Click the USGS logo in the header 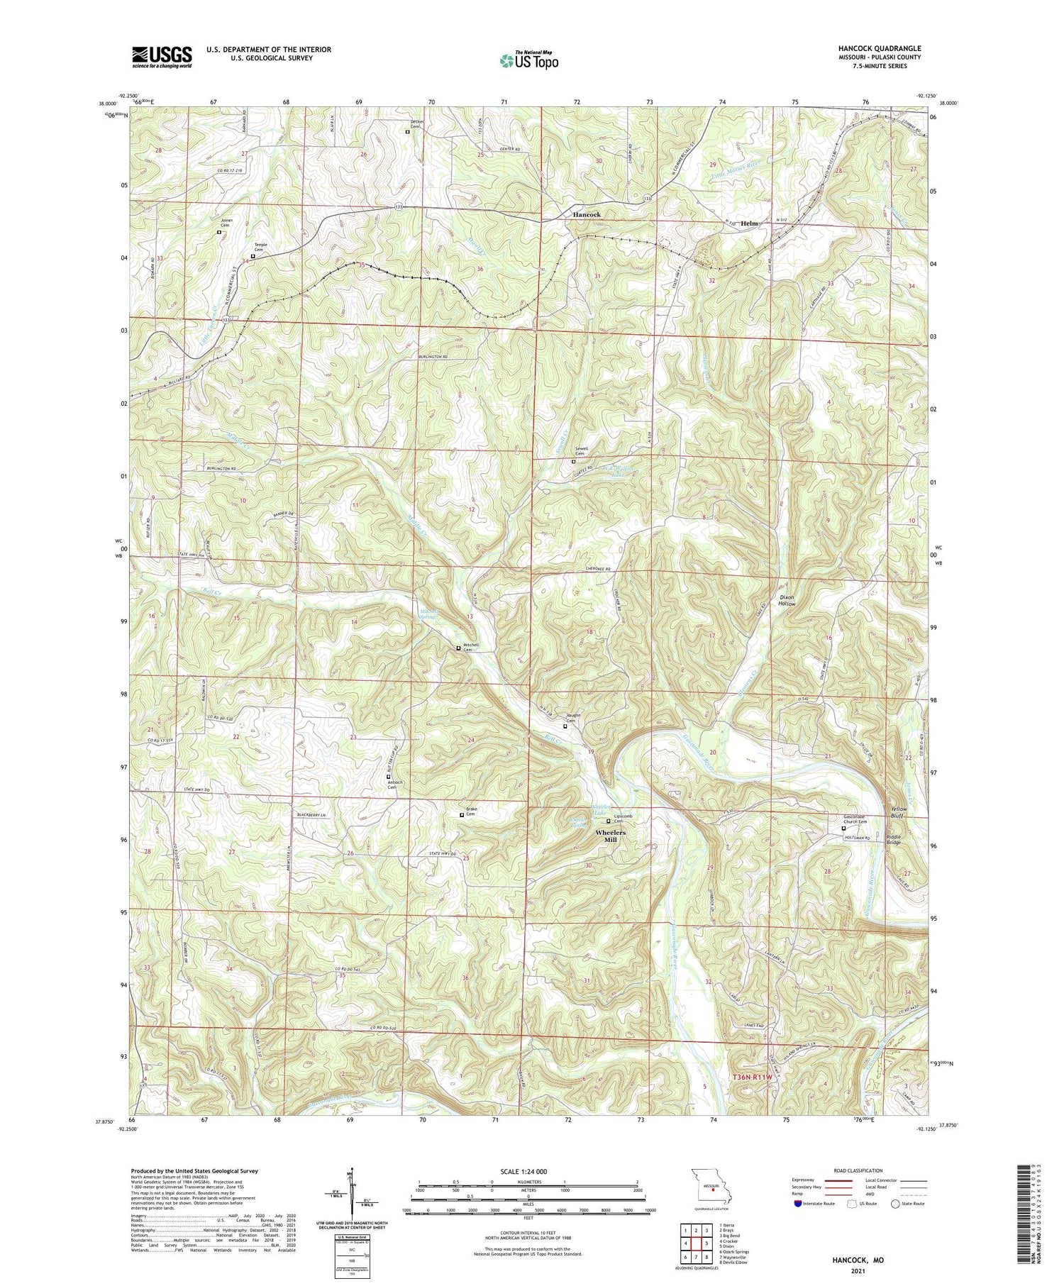[x=162, y=57]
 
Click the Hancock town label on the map [x=587, y=214]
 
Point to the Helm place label [x=749, y=223]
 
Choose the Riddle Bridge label [x=894, y=839]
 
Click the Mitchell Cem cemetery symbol [x=458, y=648]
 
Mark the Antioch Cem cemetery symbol [x=389, y=776]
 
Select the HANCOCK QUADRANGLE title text [x=880, y=48]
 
